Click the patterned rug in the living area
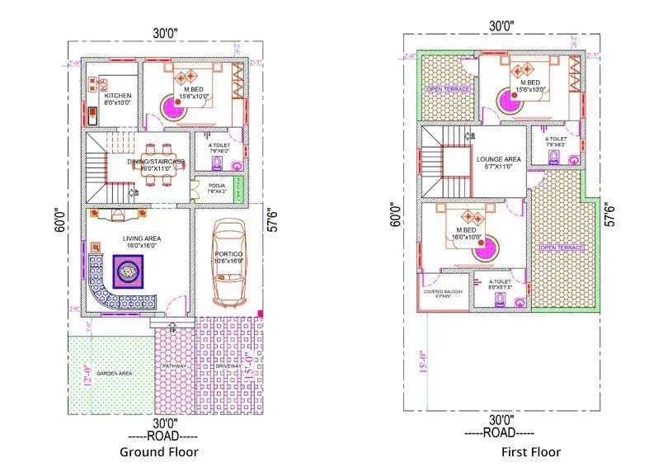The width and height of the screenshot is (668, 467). tap(128, 270)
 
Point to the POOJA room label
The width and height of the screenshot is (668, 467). tap(217, 186)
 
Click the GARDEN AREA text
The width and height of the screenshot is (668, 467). tap(113, 374)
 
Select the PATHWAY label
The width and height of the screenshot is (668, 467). tap(174, 366)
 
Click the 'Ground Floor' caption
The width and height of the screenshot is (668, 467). tap(158, 451)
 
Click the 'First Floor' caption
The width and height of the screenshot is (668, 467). tap(530, 451)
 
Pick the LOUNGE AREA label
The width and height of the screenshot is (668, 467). tap(497, 158)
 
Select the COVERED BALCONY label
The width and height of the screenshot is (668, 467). tap(444, 292)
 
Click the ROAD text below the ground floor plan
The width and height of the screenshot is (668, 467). tap(159, 434)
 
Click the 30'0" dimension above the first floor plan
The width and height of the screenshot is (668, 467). tap(501, 25)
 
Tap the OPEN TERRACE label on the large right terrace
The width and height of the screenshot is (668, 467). tap(562, 248)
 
